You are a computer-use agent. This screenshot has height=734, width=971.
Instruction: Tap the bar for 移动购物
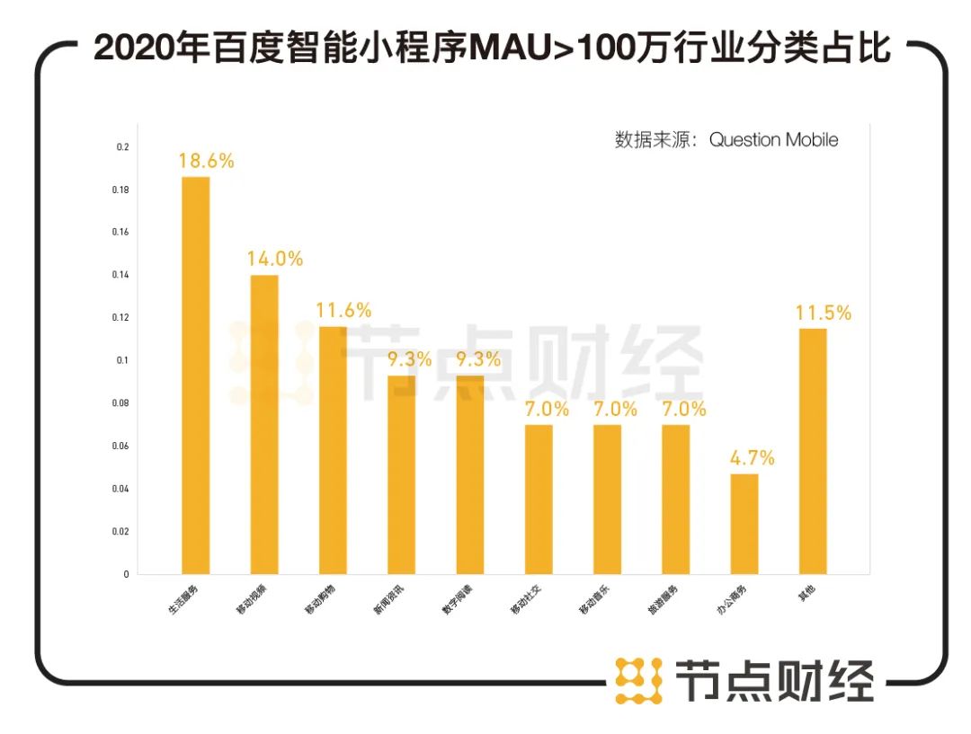333,449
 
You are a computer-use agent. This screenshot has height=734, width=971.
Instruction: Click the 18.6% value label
206,162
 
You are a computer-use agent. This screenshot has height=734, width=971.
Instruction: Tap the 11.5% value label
823,314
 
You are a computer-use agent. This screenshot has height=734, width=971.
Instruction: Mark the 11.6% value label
343,311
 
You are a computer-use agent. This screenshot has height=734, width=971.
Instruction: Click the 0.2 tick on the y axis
123,147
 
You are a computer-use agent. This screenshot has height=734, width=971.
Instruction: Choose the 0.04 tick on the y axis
120,489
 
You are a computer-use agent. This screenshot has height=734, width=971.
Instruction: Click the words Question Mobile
773,140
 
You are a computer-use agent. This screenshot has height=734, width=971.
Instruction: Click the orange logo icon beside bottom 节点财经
638,680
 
